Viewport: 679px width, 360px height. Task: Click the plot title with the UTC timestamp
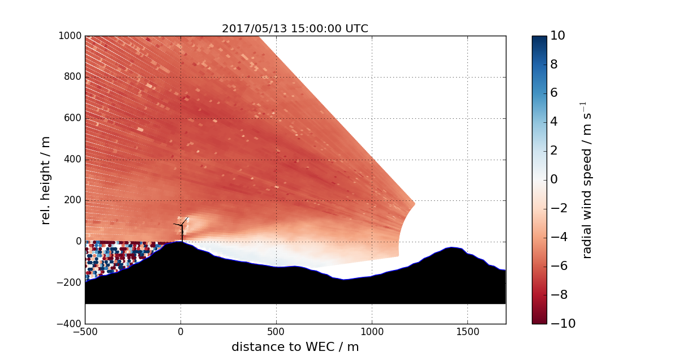295,29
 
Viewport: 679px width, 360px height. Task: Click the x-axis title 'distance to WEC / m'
295,347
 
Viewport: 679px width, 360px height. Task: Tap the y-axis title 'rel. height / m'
46,180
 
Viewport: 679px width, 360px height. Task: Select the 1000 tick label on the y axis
70,36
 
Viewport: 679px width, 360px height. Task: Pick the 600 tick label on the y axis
73,118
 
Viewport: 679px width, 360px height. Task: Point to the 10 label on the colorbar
557,36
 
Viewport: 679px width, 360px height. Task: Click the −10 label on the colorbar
560,324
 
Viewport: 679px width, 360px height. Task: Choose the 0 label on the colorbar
555,180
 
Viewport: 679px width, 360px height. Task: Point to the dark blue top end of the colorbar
539,40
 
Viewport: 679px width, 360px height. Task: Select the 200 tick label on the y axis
73,200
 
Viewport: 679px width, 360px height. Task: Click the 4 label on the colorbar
555,122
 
